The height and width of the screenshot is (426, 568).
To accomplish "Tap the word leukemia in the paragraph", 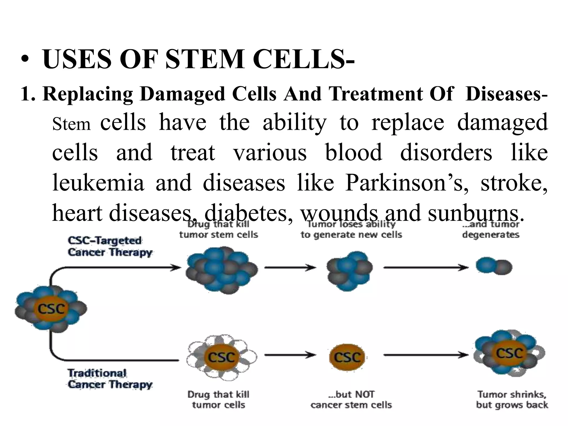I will [x=98, y=183].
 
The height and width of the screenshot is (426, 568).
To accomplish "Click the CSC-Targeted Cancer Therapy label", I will [x=110, y=246].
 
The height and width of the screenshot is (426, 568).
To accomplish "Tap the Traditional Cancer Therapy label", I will [x=110, y=379].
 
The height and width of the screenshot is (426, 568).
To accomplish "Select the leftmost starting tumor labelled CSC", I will [x=51, y=309].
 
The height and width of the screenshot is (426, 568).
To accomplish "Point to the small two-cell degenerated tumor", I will [x=494, y=267].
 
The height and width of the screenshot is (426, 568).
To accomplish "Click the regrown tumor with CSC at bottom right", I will [x=509, y=356].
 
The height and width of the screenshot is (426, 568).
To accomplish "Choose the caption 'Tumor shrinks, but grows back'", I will [x=512, y=399].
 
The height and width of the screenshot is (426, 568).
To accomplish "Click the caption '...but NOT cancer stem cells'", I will [x=351, y=399].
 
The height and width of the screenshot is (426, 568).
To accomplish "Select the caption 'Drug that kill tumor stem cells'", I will [x=219, y=229].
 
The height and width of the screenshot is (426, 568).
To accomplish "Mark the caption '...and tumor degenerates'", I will [x=491, y=229].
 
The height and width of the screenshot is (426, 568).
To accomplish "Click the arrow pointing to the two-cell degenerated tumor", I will [x=426, y=268].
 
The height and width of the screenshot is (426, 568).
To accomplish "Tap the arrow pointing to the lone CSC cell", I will [x=290, y=355].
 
